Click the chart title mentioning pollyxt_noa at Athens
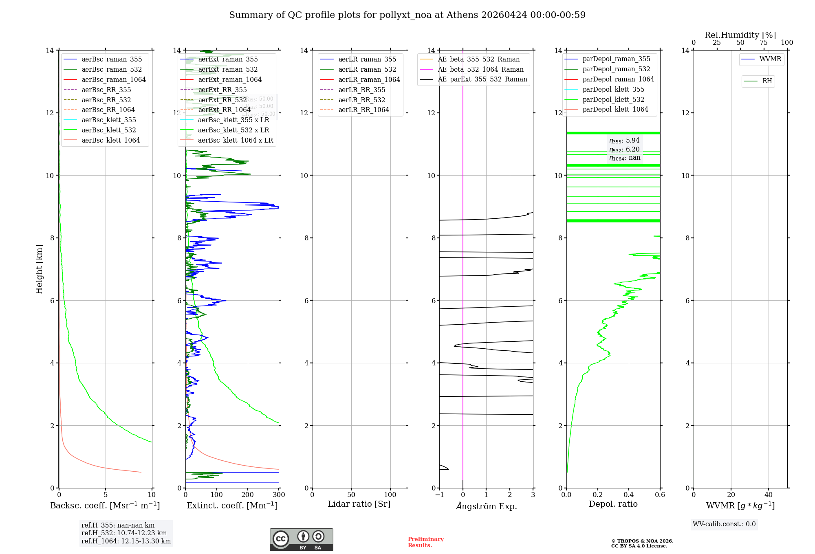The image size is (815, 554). (x=407, y=15)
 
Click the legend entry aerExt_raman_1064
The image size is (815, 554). (x=230, y=80)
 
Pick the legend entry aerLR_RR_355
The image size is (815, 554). (x=361, y=90)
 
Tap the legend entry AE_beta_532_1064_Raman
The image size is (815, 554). (x=480, y=70)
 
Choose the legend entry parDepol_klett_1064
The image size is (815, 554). (x=615, y=110)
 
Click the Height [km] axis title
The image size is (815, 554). (x=39, y=269)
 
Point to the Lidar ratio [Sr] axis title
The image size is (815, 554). (x=359, y=504)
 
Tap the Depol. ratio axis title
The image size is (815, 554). (x=613, y=504)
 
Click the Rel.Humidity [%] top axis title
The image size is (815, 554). (x=740, y=35)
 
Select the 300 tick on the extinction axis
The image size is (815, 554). (x=279, y=495)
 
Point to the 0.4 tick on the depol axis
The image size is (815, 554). (x=629, y=495)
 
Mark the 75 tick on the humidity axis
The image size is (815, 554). (x=764, y=43)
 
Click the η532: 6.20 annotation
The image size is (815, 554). (x=624, y=149)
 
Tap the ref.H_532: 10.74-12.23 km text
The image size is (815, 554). (x=124, y=533)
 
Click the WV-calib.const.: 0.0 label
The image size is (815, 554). (x=724, y=524)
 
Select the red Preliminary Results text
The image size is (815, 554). (x=425, y=542)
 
